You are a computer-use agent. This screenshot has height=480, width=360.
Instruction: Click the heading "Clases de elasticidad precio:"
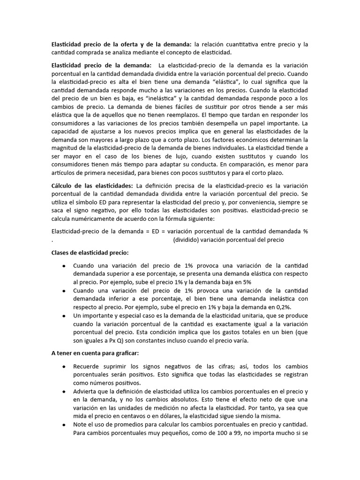(x=89, y=252)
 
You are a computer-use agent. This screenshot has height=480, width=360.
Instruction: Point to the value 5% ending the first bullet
(x=247, y=282)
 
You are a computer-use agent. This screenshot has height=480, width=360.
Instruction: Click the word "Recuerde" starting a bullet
(x=87, y=366)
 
